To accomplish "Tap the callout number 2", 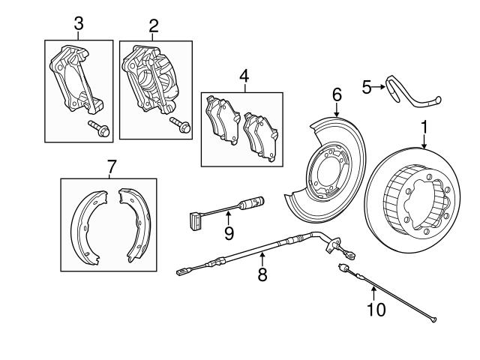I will [154, 26].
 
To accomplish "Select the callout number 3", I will [79, 25].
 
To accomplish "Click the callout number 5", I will [367, 88].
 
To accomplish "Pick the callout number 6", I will [337, 94].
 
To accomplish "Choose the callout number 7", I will [111, 166].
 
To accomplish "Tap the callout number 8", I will [262, 274].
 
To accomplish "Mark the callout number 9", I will [229, 232].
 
